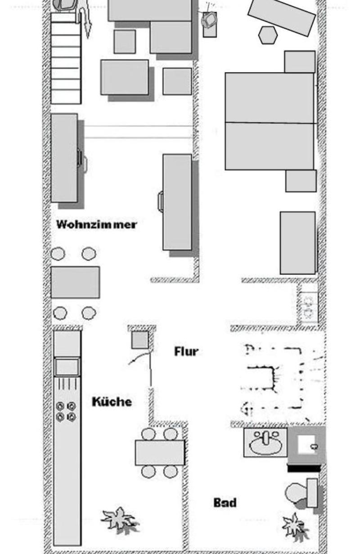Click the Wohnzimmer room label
coord(97,225)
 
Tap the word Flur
coord(186,351)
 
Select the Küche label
coord(112,401)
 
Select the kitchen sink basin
coord(67,367)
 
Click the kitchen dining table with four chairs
coord(160,453)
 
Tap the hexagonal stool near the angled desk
coord(268,35)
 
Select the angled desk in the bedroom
coord(282,17)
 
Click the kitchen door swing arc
coord(139,357)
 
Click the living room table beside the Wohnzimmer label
coord(76,282)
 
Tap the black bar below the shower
coord(304,468)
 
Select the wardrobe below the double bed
coord(298,243)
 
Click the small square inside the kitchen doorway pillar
coord(140,340)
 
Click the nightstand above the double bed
coord(300,62)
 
